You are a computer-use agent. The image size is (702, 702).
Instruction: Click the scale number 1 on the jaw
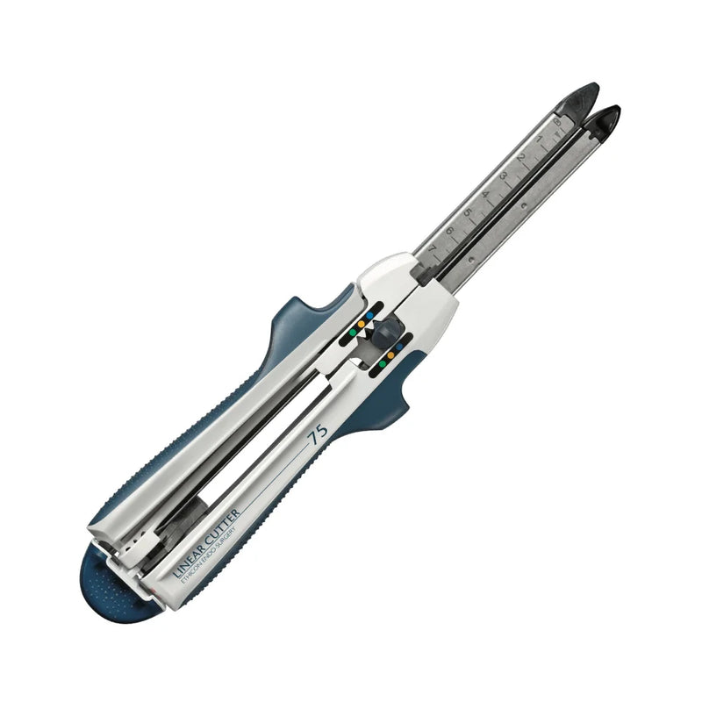click(539, 139)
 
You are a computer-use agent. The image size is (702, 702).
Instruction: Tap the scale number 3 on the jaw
click(502, 175)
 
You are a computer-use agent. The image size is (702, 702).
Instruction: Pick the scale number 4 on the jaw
click(485, 194)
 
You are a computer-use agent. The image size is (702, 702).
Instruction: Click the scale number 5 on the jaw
click(467, 212)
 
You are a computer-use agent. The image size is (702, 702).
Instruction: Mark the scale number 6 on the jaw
click(449, 231)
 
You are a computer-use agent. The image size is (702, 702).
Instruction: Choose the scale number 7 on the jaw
click(432, 248)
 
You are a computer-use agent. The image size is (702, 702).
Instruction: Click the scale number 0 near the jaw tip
click(556, 122)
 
